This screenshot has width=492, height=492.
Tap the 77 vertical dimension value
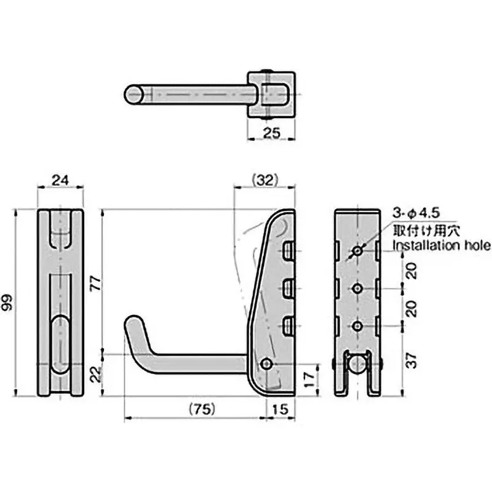click(93, 282)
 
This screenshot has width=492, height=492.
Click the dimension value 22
click(93, 374)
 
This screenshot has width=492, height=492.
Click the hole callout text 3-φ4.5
click(416, 213)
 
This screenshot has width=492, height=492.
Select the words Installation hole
click(442, 246)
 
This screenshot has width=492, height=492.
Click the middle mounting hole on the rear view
click(357, 287)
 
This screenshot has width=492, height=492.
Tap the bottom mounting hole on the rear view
click(357, 324)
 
